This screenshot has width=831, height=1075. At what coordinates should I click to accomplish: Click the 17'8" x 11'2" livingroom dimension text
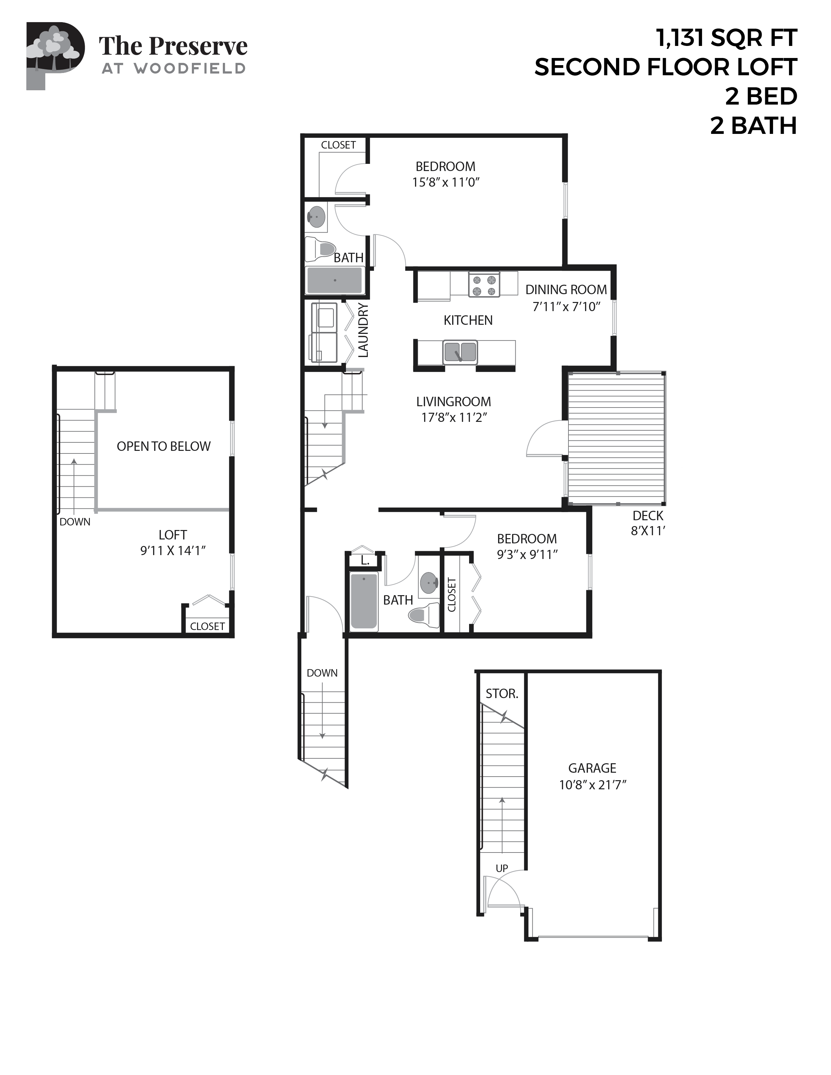[x=454, y=417]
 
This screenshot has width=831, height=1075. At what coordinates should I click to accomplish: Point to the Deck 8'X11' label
[x=648, y=523]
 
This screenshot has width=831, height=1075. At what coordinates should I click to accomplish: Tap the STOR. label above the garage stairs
[x=502, y=694]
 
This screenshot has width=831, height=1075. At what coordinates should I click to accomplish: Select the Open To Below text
[x=164, y=446]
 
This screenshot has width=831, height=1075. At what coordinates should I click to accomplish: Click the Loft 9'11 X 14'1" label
[x=172, y=542]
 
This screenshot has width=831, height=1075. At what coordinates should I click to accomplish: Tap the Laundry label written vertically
[x=363, y=330]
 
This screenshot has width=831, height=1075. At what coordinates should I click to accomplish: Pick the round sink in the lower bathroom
[x=429, y=583]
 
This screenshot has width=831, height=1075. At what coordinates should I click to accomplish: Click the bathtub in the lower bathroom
[x=364, y=601]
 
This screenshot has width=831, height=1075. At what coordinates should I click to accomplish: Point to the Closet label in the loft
[x=207, y=626]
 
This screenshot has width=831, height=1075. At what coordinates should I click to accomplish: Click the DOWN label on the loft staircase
[x=75, y=522]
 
